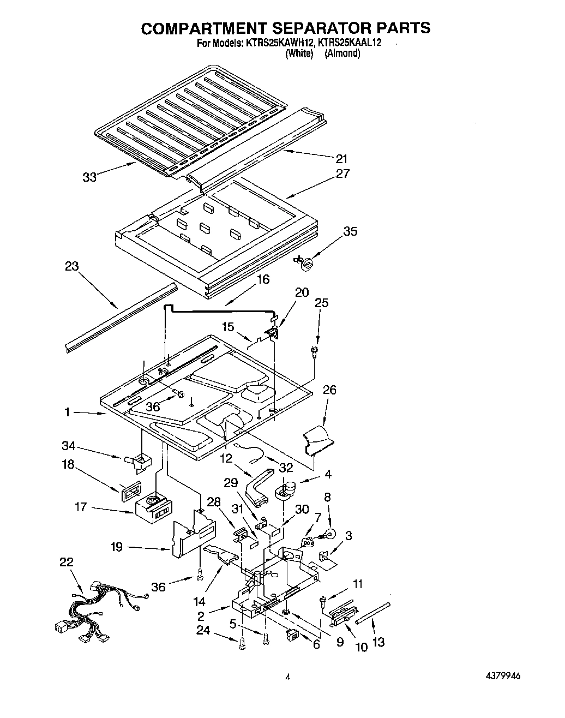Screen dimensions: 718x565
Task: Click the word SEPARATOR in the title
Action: tap(309, 28)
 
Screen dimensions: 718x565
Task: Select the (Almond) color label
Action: tap(342, 53)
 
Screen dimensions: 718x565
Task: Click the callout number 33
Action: tap(89, 177)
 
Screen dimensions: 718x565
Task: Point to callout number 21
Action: tap(341, 159)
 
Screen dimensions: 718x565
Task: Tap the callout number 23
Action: tap(71, 267)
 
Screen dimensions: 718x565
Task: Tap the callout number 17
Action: tap(81, 507)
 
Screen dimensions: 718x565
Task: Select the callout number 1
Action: tap(67, 412)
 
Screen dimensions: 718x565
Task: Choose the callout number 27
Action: tap(342, 173)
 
